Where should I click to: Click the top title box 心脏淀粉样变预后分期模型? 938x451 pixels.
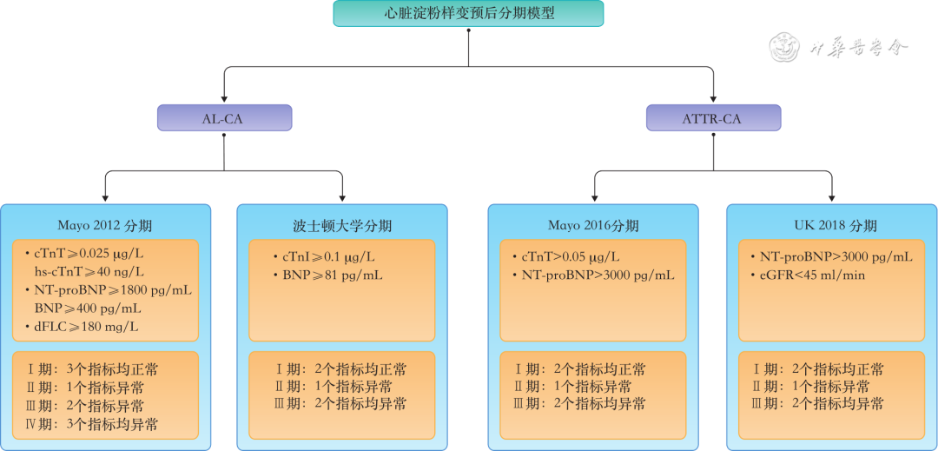[468, 14]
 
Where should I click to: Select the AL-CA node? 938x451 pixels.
[223, 118]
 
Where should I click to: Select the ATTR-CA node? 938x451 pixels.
[713, 118]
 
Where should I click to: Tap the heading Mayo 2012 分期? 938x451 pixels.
[105, 226]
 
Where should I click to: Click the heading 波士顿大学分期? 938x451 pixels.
[342, 226]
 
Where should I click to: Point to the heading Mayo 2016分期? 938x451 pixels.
[593, 226]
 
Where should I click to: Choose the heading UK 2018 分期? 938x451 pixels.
[832, 226]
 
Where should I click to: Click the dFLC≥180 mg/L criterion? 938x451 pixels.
[86, 327]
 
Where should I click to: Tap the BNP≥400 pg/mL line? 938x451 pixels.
[88, 308]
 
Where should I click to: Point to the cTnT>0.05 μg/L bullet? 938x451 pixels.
[570, 256]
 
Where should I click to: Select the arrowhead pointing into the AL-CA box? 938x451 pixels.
[223, 100]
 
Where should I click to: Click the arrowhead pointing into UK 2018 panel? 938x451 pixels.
[832, 198]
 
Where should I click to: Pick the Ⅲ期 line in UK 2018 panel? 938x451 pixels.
[818, 405]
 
